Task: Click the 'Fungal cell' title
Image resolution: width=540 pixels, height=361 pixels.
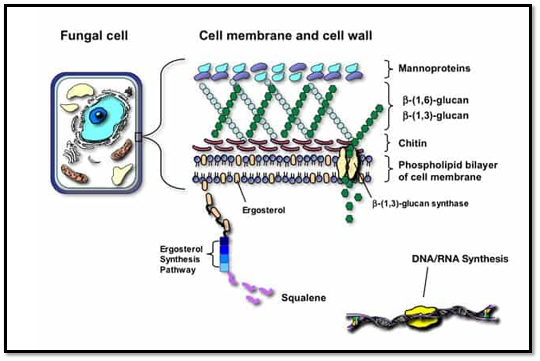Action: click(94, 36)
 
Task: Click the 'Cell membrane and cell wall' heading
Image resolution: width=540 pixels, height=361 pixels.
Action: click(285, 36)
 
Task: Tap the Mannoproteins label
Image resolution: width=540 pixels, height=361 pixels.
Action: click(434, 68)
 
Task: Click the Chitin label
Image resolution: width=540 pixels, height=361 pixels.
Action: click(412, 143)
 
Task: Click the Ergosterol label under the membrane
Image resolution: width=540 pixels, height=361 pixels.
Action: click(263, 210)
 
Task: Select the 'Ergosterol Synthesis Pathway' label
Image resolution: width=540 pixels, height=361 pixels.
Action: click(181, 259)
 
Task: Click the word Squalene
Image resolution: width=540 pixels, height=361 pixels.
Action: click(303, 298)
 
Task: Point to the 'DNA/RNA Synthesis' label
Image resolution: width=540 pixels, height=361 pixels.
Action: click(460, 259)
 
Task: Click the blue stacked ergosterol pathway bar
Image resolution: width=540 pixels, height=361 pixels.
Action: click(224, 255)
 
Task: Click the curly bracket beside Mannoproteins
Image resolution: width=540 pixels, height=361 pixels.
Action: click(389, 69)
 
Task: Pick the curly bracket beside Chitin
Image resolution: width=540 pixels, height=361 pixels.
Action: click(389, 143)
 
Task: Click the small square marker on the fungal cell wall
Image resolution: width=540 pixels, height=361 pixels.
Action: click(138, 137)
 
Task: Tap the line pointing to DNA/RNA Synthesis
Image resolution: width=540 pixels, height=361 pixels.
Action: click(426, 282)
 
